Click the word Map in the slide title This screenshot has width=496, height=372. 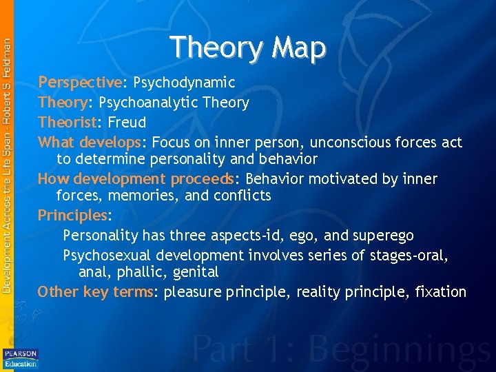(x=298, y=48)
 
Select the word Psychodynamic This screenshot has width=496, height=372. (x=184, y=83)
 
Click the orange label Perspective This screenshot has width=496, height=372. (x=80, y=83)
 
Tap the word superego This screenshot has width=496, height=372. (x=383, y=236)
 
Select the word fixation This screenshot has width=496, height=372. (x=441, y=292)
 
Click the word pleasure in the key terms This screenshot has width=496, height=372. (x=194, y=292)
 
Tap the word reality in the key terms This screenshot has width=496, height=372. (x=320, y=292)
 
